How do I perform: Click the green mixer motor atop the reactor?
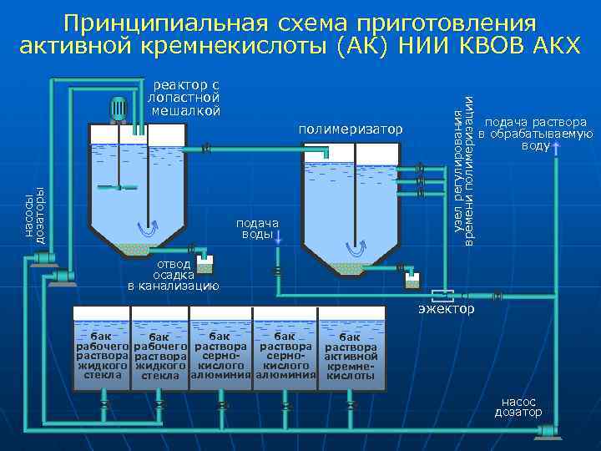coord(119,109)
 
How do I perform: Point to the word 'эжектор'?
coord(447,310)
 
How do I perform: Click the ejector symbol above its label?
coord(442,295)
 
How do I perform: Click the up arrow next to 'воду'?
coord(556,148)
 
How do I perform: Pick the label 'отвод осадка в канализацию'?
coord(174,274)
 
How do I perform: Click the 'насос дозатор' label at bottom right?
coord(518,407)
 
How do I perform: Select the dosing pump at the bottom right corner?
coord(547,428)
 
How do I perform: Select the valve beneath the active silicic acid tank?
coord(352,406)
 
